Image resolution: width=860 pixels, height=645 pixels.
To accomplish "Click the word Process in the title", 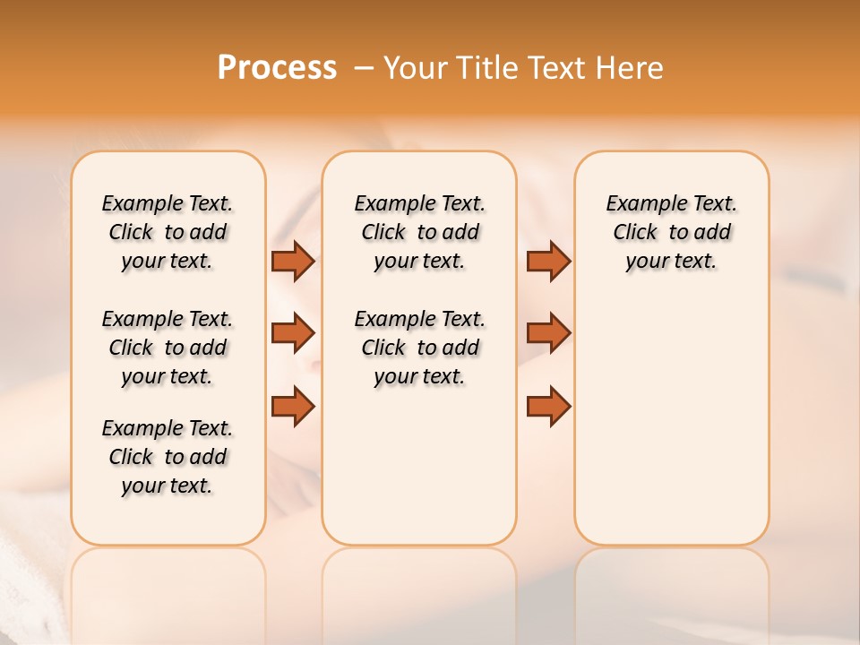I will click(277, 67).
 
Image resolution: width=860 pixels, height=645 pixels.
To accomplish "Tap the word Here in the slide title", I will click(630, 67).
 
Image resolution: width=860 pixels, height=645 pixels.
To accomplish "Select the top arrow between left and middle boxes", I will click(293, 262).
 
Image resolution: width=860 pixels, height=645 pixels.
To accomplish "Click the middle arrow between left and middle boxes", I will click(293, 333).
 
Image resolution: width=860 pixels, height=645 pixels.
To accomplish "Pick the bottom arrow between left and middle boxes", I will click(293, 405).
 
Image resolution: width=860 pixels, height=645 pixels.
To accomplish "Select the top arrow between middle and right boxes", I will click(548, 262).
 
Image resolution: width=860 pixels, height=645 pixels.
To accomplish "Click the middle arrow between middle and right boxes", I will click(548, 333).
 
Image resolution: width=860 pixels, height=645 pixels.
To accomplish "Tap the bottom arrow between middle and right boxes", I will click(548, 405).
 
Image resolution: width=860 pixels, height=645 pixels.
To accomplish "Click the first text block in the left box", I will click(168, 232).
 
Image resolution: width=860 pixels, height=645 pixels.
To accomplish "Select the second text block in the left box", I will click(168, 348).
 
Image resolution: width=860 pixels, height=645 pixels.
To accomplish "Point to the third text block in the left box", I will click(168, 457).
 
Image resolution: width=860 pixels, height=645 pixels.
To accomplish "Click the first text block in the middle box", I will click(419, 232).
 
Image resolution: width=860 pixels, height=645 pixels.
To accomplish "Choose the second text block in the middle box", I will click(419, 348).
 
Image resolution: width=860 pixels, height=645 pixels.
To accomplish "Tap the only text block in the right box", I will click(671, 232).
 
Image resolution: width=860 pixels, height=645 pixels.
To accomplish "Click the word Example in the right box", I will click(639, 204).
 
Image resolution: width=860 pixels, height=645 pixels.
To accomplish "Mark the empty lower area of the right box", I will click(671, 421).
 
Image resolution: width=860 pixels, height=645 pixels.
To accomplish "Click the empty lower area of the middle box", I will click(419, 466).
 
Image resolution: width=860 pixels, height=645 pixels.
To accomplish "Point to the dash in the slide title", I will click(364, 67).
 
